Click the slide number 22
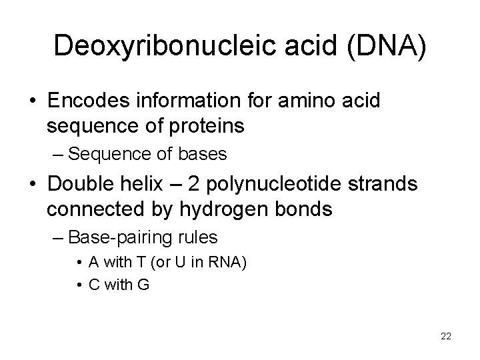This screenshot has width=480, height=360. [x=446, y=337]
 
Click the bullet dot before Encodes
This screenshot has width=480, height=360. [x=32, y=102]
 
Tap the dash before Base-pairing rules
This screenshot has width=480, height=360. [x=58, y=238]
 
